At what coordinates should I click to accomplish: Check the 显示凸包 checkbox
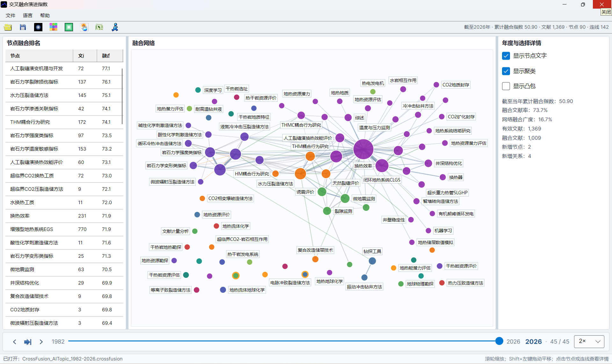coord(506,86)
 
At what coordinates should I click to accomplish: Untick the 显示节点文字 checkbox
coord(506,56)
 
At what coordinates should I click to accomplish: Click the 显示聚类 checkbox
coord(506,71)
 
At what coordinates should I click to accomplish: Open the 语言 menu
coord(28,15)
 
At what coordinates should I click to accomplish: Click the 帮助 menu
coord(45,15)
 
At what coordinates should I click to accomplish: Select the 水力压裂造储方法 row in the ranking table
coord(64,95)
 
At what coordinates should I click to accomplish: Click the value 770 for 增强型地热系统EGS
coord(82,229)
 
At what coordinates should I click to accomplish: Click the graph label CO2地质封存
coord(456,85)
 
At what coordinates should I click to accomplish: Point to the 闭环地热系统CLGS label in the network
coord(382,180)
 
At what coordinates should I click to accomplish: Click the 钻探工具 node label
coord(372,251)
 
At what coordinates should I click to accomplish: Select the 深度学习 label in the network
coord(213,90)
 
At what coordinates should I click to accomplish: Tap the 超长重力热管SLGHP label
coord(447,193)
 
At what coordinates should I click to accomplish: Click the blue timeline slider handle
coord(499,341)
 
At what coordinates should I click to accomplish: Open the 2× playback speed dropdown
coord(589,341)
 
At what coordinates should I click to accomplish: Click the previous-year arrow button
coord(15,342)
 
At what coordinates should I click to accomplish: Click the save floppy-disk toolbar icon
coord(23,27)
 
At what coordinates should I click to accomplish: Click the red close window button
coord(602,4)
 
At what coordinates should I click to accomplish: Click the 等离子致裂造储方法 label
coord(171,290)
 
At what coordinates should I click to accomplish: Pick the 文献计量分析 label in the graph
coord(175,231)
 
